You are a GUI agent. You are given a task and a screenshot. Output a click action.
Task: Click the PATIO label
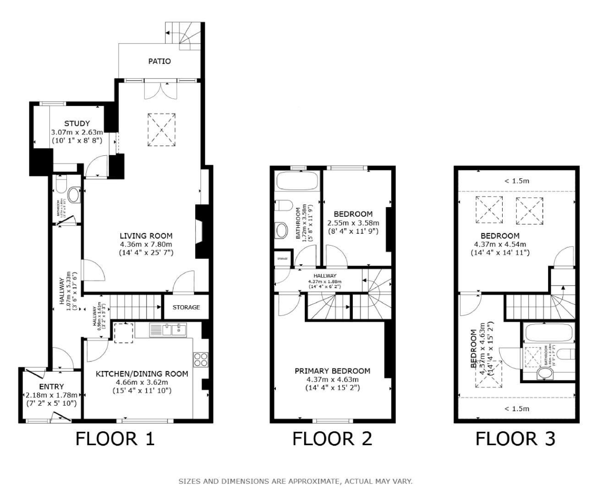tap(159, 61)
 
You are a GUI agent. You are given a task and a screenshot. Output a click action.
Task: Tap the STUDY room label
tap(77, 123)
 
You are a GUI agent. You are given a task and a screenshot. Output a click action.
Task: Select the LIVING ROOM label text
tap(146, 236)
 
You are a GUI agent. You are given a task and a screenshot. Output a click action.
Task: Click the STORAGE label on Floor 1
tap(186, 307)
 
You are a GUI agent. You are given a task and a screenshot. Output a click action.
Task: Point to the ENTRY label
tap(51, 386)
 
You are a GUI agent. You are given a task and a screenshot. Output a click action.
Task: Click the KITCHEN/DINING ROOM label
tap(142, 374)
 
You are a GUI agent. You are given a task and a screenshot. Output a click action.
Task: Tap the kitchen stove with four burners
tap(200, 359)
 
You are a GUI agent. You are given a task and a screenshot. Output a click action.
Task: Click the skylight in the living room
tap(161, 130)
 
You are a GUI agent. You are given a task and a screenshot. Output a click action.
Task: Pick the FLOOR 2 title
tap(332, 439)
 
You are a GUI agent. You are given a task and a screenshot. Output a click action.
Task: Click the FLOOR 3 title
tap(515, 439)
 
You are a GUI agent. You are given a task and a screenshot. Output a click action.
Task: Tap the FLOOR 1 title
tap(115, 439)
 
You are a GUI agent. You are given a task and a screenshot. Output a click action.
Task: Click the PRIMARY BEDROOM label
tap(332, 371)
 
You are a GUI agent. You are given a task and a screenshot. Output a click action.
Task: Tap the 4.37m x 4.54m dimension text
tap(500, 244)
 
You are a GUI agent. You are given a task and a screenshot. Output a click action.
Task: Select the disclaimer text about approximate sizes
tap(295, 481)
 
